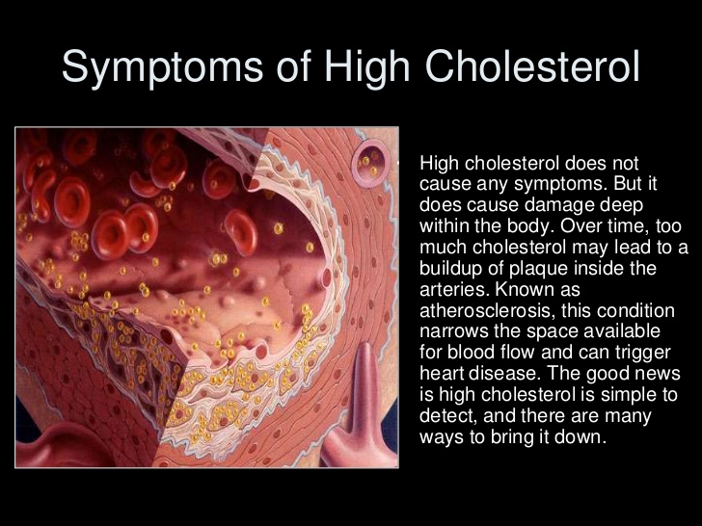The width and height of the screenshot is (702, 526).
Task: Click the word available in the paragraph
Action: coord(604,331)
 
